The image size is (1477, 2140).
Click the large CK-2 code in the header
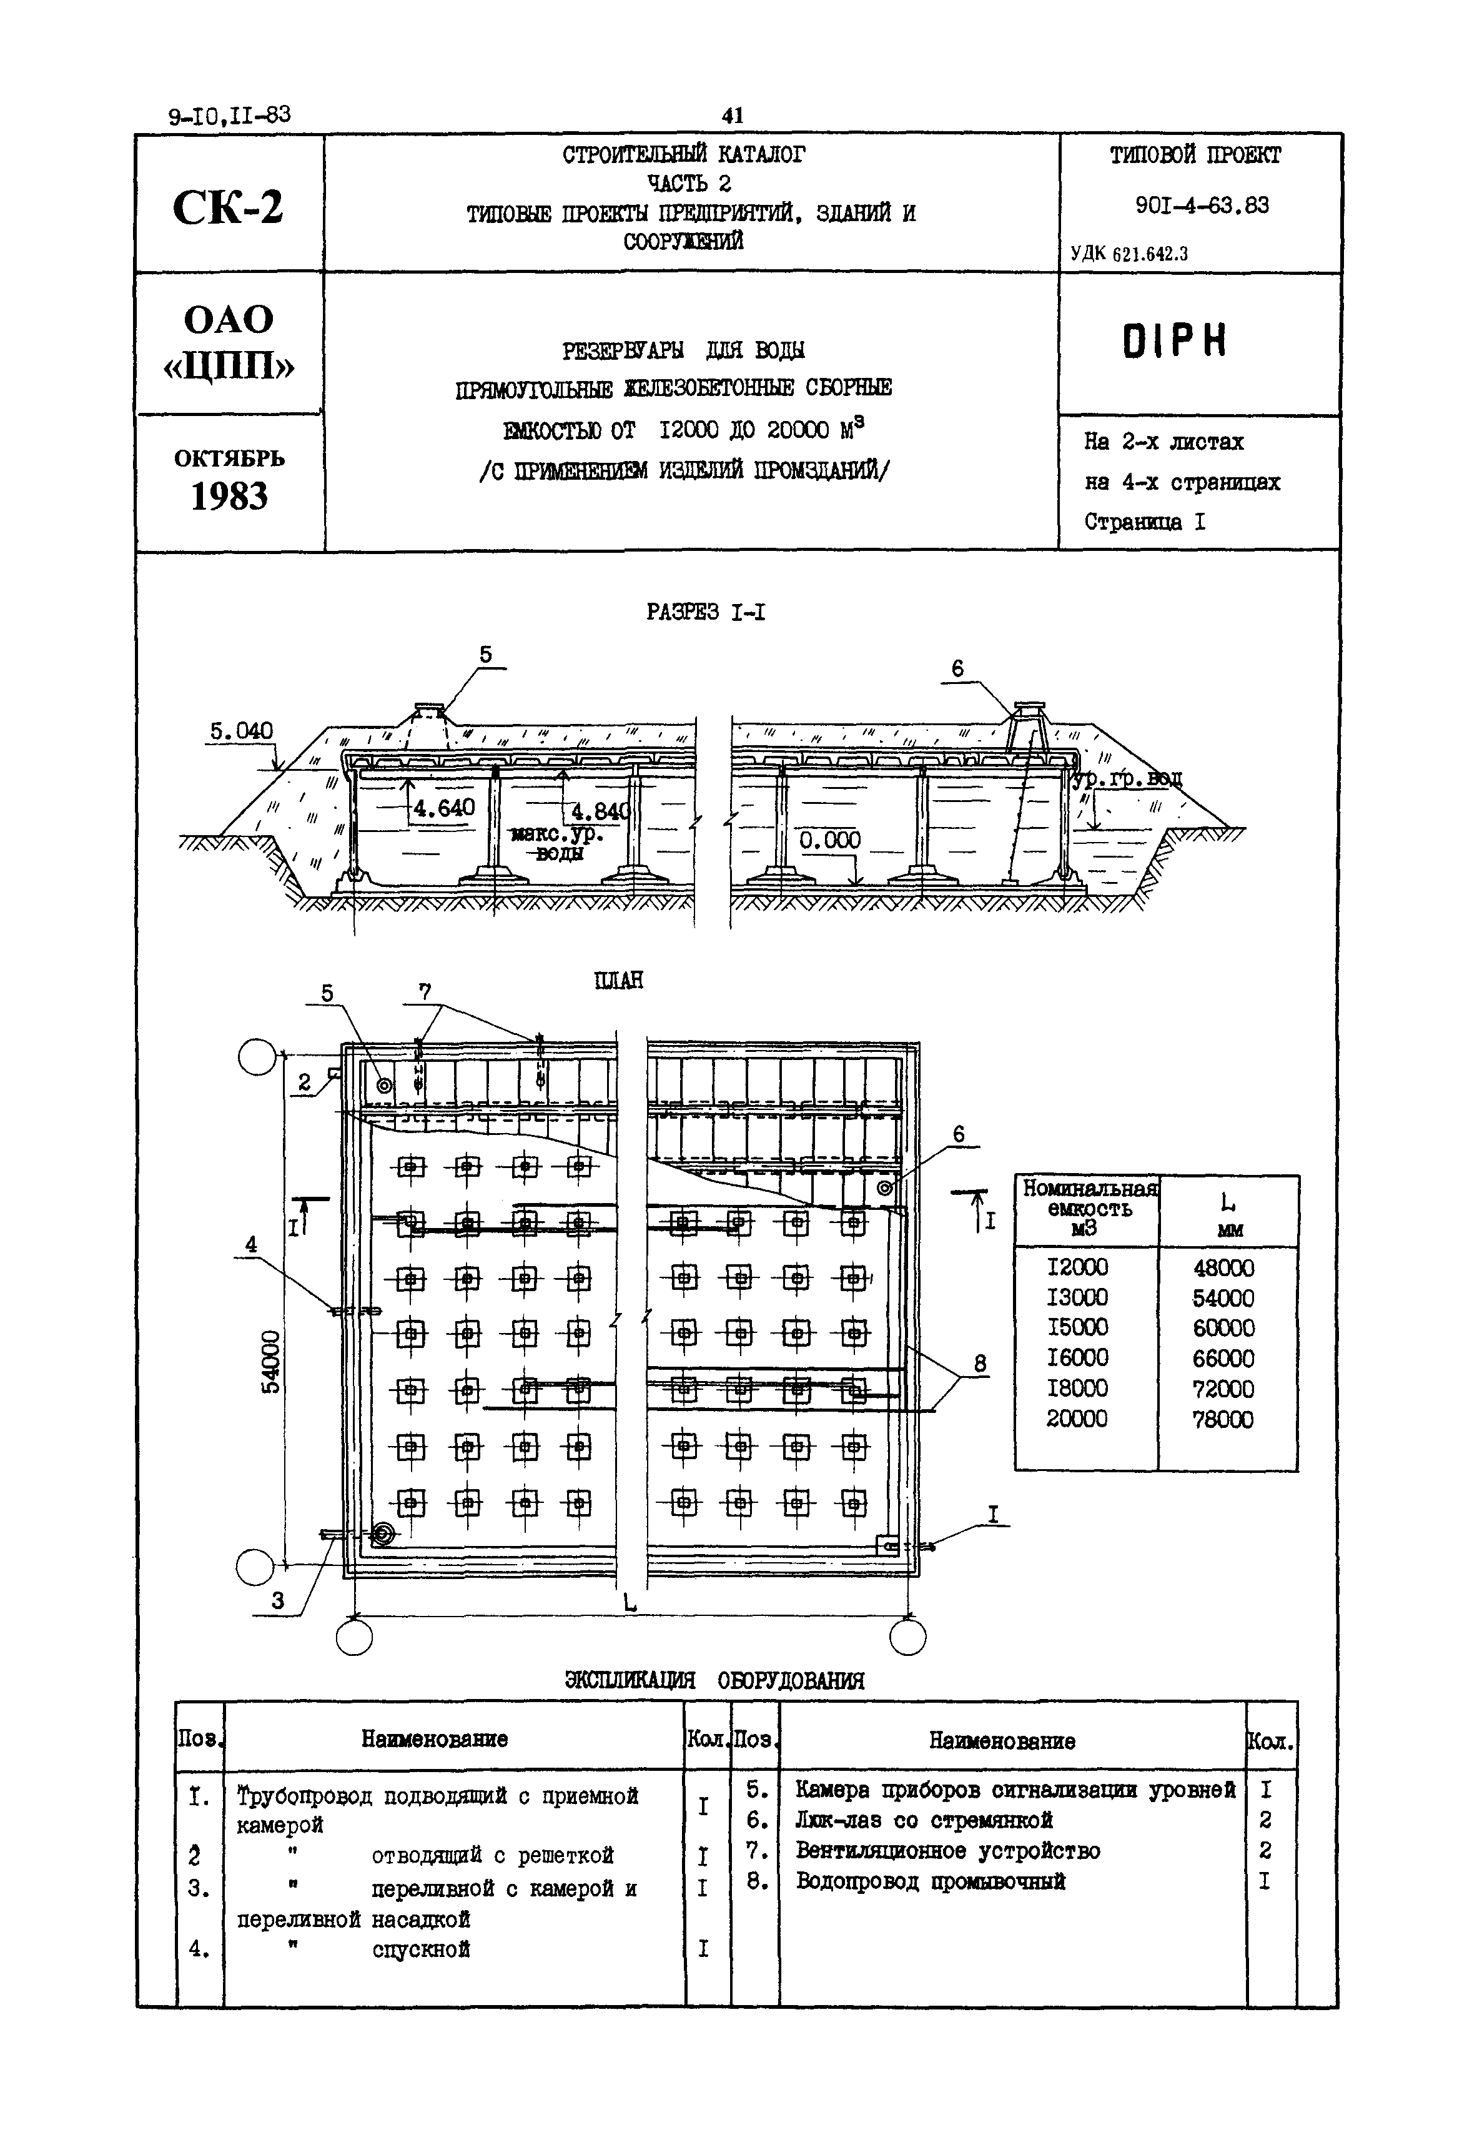click(x=228, y=206)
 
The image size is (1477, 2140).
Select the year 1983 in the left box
click(x=229, y=497)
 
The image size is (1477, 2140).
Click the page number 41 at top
click(x=732, y=115)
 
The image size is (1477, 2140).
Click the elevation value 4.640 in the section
click(x=443, y=808)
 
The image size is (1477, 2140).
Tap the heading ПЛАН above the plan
click(x=618, y=980)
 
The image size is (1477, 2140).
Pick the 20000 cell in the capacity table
click(x=1077, y=1419)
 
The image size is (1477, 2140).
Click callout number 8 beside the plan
click(x=980, y=1364)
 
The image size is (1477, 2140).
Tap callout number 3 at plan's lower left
click(x=278, y=1600)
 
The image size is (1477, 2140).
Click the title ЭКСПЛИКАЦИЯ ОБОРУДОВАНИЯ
click(x=714, y=1681)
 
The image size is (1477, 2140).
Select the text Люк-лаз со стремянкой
click(x=924, y=1821)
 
